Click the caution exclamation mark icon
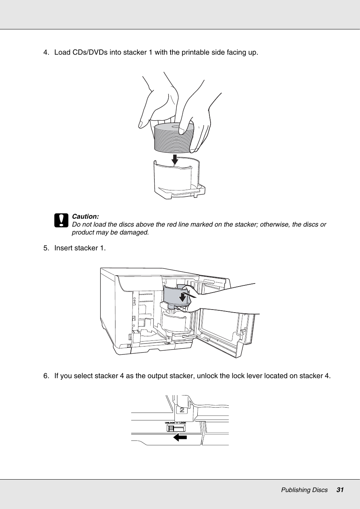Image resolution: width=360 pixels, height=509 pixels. coord(61,220)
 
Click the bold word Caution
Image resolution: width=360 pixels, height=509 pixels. coord(85,216)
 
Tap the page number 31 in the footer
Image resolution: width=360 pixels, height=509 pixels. coord(340,490)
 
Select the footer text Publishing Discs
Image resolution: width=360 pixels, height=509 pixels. coord(304,490)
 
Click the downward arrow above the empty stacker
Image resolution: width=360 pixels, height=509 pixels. coord(175,159)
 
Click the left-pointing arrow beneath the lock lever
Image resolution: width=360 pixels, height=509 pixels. coord(180,437)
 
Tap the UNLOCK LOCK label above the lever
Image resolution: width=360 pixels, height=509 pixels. coord(175,423)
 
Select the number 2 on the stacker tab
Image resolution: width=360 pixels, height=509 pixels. coord(182,410)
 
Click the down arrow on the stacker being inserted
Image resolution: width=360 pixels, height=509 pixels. coord(183,297)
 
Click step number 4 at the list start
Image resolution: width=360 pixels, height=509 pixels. coord(46,52)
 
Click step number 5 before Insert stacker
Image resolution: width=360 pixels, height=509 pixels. coord(46,248)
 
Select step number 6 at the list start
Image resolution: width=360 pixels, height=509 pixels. coord(46,376)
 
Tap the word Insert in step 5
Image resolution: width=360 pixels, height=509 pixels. coord(64,248)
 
